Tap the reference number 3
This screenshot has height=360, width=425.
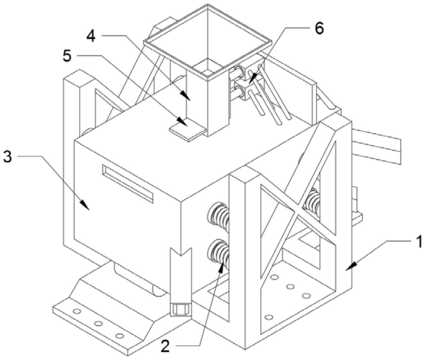pyautogui.click(x=8, y=157)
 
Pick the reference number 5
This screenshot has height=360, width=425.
pyautogui.click(x=67, y=55)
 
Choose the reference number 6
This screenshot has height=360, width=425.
pyautogui.click(x=319, y=29)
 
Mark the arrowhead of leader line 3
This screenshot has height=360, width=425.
pyautogui.click(x=85, y=205)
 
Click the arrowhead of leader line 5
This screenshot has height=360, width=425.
pyautogui.click(x=183, y=121)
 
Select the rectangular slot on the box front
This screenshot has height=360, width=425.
pyautogui.click(x=128, y=183)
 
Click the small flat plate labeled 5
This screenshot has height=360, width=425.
pyautogui.click(x=188, y=131)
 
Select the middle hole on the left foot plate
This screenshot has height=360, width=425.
pyautogui.click(x=98, y=324)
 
